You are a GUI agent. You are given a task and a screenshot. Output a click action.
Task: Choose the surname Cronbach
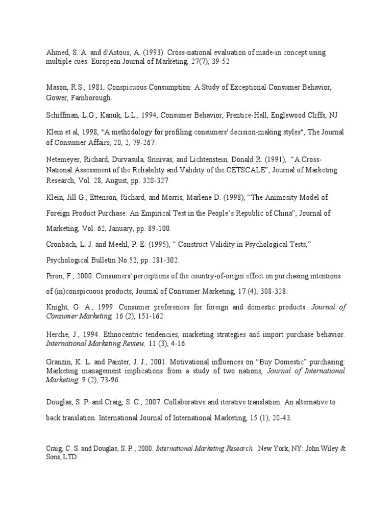click(63, 245)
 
